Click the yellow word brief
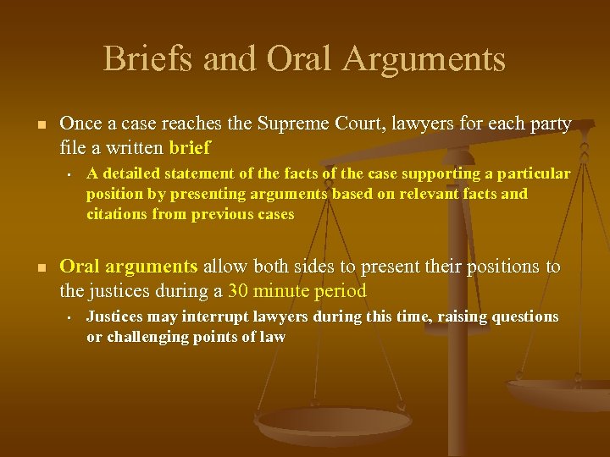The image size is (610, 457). coord(190,149)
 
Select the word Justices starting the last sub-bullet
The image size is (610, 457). coord(115,317)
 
